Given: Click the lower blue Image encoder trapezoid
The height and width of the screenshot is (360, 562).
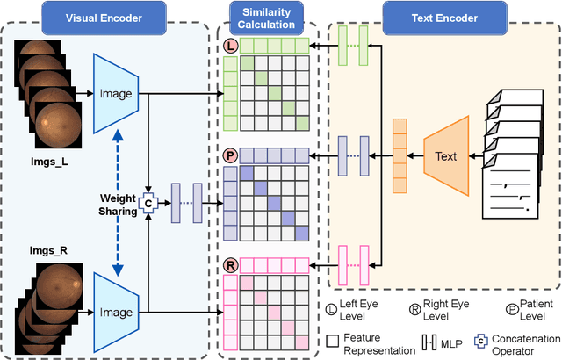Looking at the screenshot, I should click(117, 312).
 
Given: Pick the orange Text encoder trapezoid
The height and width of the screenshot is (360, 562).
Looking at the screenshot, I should click(445, 157).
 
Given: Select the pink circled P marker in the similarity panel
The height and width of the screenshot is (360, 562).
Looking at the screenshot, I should click(231, 155).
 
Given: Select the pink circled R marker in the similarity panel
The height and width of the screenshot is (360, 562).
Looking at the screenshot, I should click(231, 263).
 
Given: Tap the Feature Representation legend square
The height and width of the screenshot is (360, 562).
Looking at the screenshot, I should click(333, 341).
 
